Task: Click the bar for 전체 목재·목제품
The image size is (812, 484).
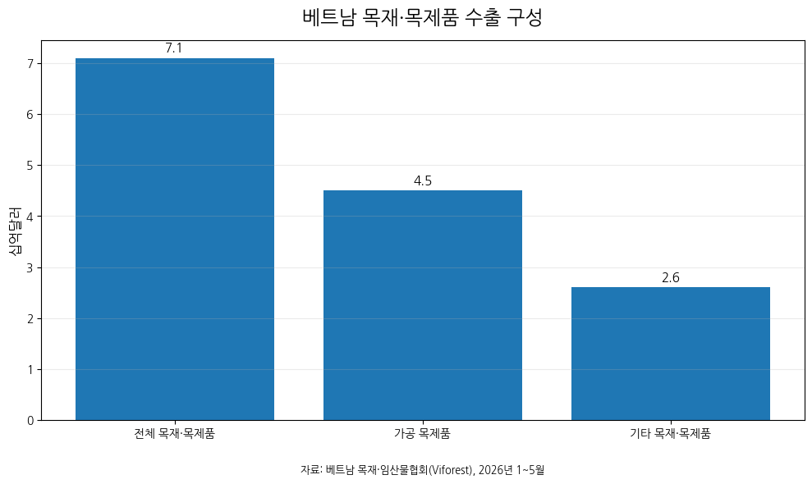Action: click(x=175, y=240)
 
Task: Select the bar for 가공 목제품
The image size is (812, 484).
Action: click(x=423, y=305)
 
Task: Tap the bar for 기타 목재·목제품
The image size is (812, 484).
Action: click(x=671, y=354)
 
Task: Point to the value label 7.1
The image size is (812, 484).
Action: click(x=174, y=48)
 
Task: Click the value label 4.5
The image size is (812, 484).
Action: click(x=423, y=180)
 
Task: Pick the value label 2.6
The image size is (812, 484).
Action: click(x=671, y=277)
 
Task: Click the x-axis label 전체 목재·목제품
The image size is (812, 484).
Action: click(x=175, y=434)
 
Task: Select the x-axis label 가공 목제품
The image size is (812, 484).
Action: click(x=423, y=434)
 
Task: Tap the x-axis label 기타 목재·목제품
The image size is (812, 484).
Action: click(x=671, y=434)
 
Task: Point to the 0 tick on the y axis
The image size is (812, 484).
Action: click(x=30, y=421)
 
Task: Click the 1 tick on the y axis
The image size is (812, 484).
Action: click(x=30, y=370)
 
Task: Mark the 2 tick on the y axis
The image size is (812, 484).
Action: click(x=30, y=319)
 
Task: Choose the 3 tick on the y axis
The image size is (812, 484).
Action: click(x=30, y=268)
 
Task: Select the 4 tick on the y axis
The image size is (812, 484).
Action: click(x=30, y=217)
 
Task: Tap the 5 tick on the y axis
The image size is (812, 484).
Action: click(x=30, y=166)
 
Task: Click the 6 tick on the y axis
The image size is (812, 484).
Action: click(x=30, y=114)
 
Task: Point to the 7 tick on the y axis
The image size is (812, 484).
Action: click(x=30, y=64)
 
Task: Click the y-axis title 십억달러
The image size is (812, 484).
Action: click(x=15, y=231)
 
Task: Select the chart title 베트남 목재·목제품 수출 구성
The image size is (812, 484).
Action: click(x=422, y=17)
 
